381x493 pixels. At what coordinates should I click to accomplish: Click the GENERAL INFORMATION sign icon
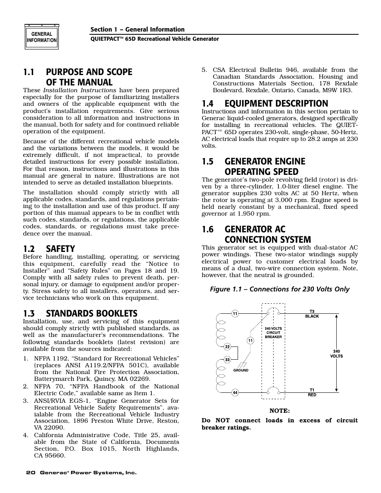42,38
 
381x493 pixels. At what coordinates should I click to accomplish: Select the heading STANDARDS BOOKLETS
91,313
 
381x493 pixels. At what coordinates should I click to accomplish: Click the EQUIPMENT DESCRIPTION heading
276,104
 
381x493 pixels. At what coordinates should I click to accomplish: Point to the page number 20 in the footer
30,473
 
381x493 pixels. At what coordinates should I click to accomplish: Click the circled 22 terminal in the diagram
227,346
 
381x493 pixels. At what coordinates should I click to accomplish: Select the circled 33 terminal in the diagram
227,360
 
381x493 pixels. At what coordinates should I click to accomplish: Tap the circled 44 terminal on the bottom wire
235,392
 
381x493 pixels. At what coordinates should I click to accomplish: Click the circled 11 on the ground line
250,341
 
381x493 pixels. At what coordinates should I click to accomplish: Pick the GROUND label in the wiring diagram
241,370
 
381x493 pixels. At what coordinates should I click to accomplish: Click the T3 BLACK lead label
312,314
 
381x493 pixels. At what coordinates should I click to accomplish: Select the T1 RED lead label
312,392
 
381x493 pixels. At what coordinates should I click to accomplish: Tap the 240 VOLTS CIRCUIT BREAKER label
273,333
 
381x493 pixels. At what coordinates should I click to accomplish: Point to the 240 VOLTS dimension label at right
336,354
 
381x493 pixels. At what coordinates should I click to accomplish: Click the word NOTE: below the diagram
279,411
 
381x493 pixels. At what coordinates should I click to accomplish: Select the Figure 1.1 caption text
280,289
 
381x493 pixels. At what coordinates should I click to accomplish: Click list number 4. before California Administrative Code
26,435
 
